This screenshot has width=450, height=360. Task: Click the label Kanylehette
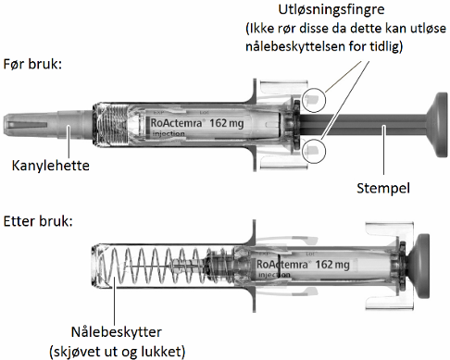tap(51, 166)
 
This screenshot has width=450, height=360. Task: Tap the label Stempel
tap(383, 188)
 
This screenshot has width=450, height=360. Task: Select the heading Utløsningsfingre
tap(331, 9)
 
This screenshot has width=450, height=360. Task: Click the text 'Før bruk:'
tap(32, 64)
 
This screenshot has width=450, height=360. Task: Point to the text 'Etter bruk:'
tap(38, 221)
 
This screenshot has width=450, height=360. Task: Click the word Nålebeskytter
tap(117, 332)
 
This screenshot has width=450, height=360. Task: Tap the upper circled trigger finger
tap(314, 100)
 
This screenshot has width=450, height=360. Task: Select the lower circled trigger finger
tap(314, 151)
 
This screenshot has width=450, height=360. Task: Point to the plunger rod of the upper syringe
tap(363, 125)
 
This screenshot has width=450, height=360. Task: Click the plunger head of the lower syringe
tap(419, 267)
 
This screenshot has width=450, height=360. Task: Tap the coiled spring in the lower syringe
tap(155, 266)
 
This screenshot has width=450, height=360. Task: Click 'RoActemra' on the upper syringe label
tap(176, 123)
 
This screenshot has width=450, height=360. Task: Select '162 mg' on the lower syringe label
tap(332, 265)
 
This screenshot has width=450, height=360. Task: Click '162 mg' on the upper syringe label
tap(227, 123)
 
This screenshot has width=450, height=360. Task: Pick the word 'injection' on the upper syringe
tap(169, 134)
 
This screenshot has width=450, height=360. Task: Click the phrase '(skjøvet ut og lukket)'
tap(118, 352)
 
